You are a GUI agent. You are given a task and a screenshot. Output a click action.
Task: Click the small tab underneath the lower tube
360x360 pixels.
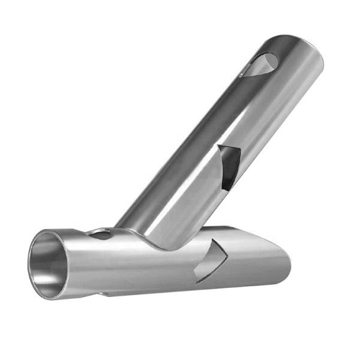(x=108, y=294)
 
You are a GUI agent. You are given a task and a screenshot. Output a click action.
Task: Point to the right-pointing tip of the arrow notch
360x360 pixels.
(x=227, y=254)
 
